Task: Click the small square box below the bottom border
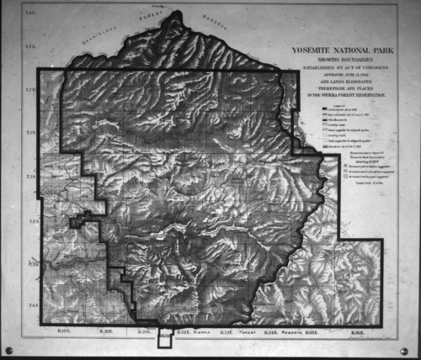[x=164, y=341]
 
